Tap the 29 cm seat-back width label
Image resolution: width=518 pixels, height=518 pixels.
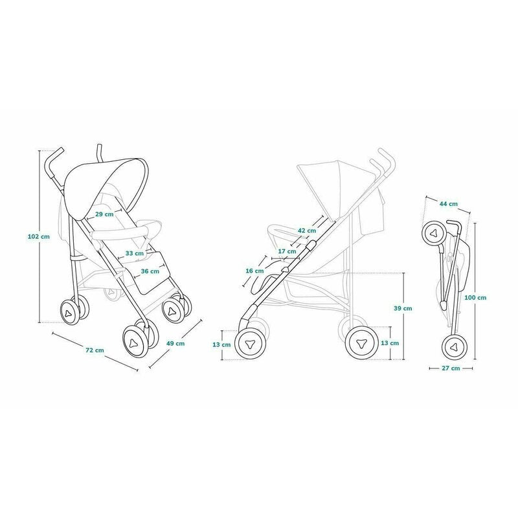[x=105, y=214]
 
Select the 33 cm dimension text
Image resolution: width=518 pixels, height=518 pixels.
[x=135, y=253]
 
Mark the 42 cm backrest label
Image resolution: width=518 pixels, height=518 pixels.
[x=307, y=231]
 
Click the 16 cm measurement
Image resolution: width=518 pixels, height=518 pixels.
[x=255, y=271]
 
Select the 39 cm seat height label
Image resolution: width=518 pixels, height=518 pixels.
[x=403, y=308]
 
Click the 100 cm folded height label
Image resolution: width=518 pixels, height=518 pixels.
[x=477, y=298]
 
